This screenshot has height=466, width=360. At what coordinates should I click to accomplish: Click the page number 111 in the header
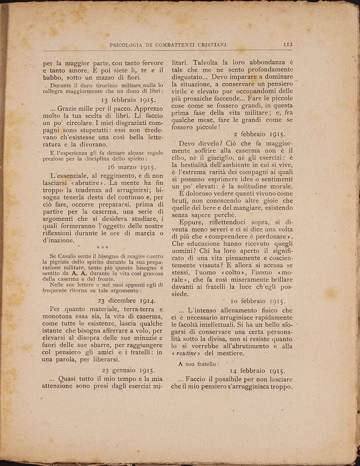tap(288, 44)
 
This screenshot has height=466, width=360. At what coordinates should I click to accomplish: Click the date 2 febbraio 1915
tap(259, 134)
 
